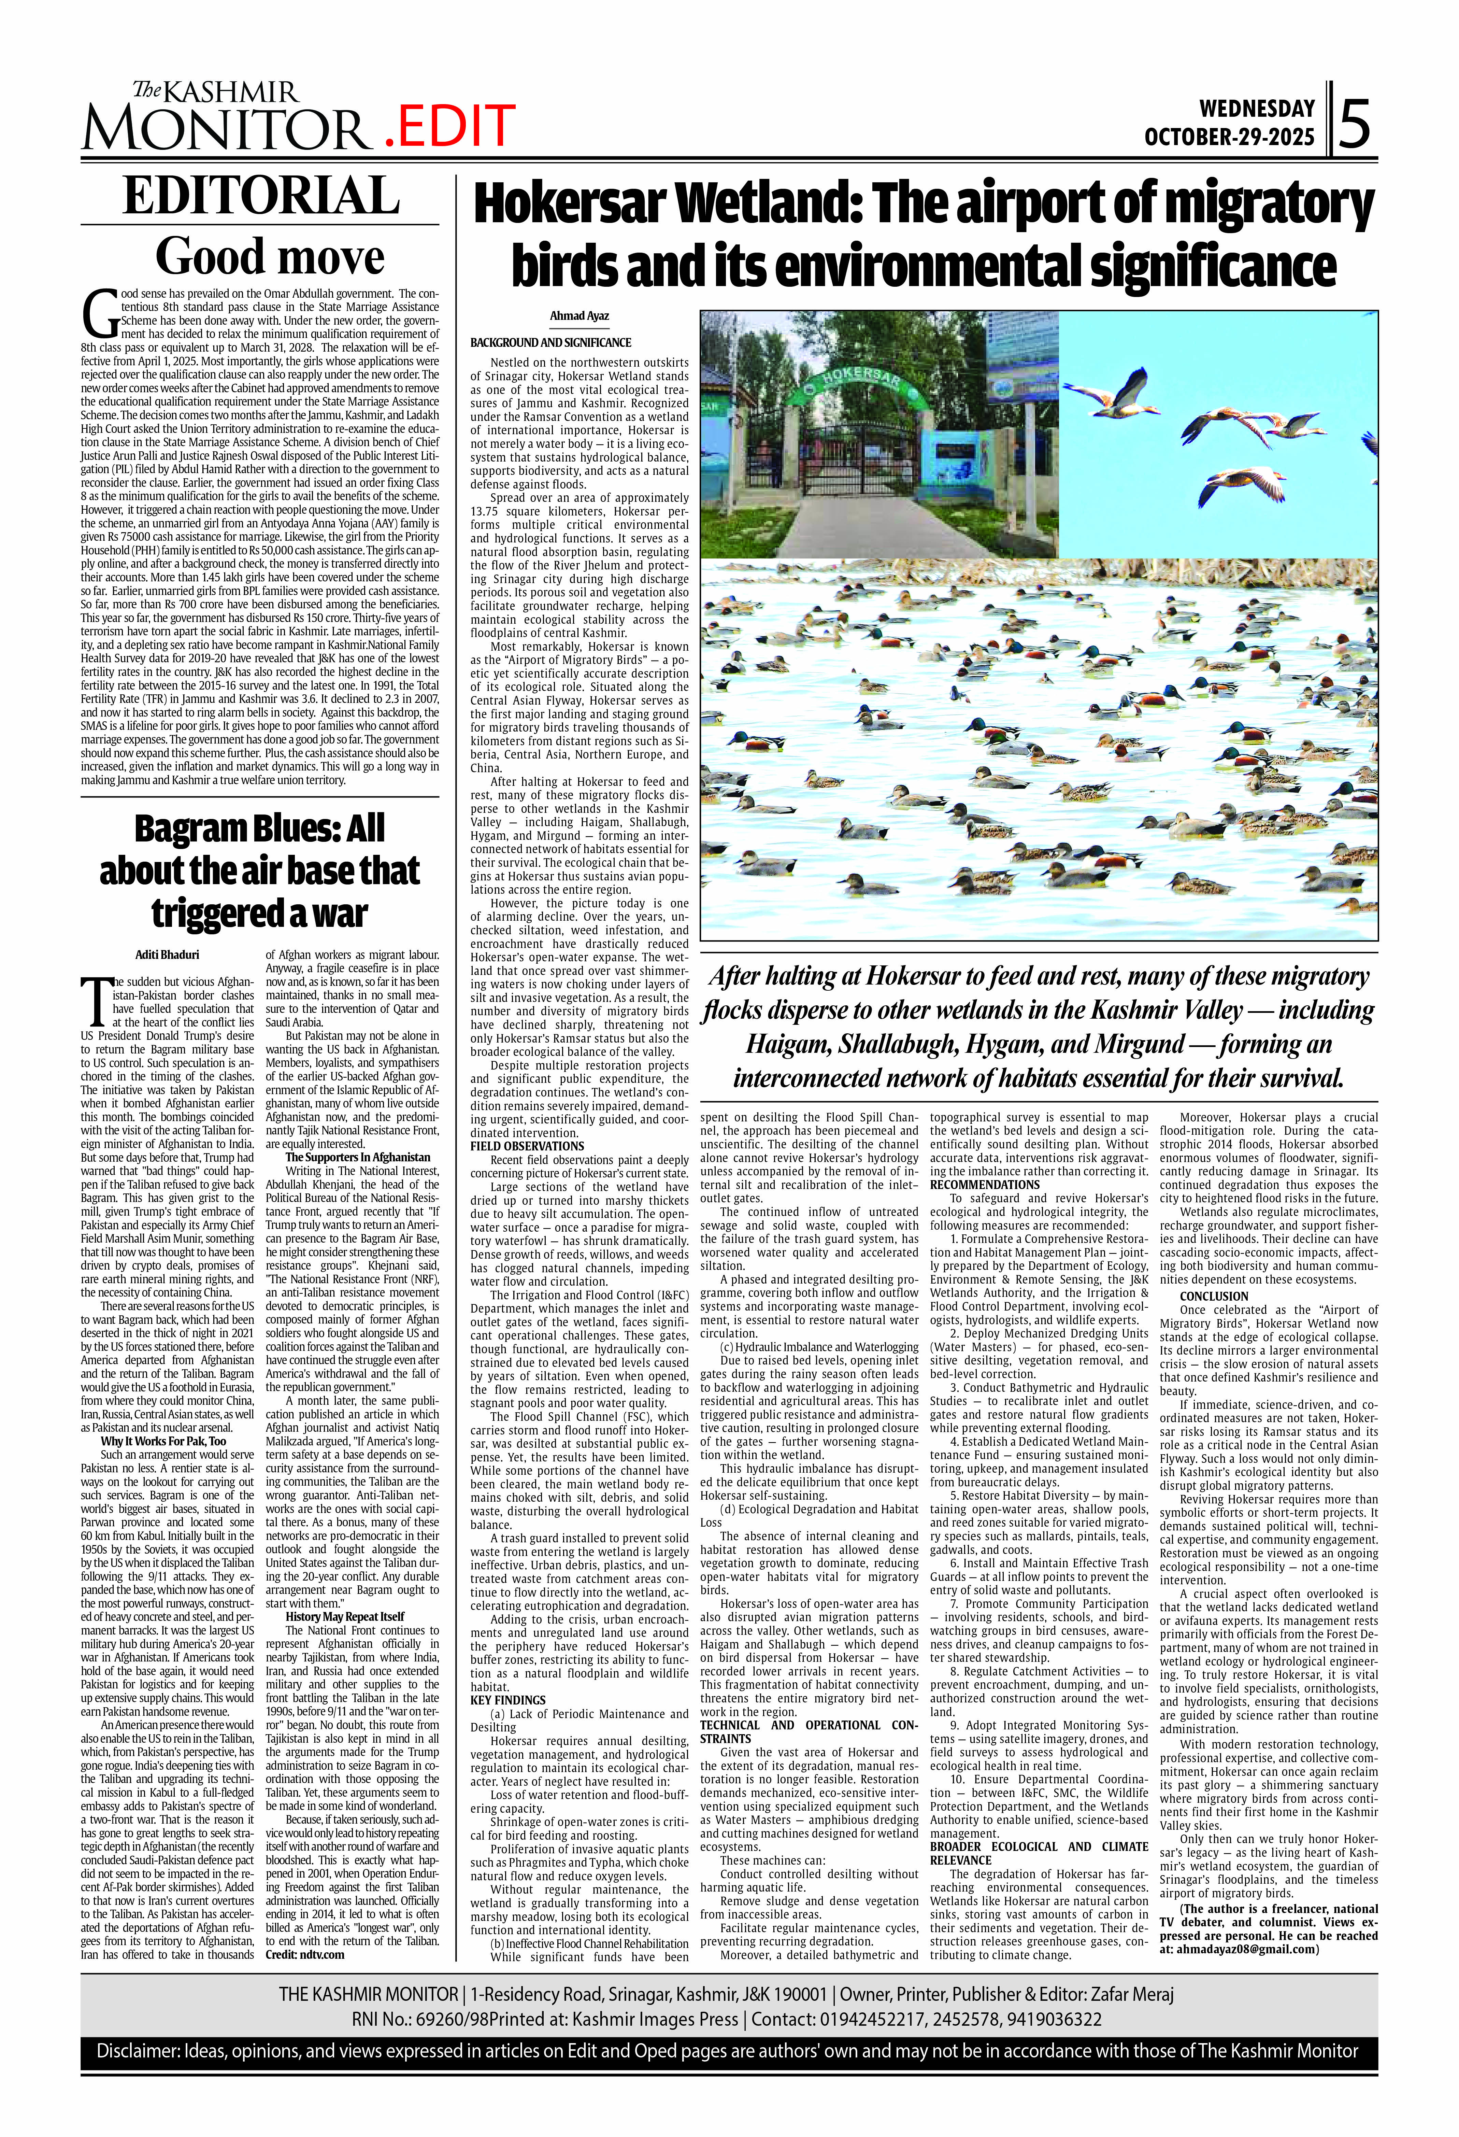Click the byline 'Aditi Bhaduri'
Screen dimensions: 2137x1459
coord(167,954)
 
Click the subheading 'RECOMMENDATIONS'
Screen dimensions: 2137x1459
coord(985,1185)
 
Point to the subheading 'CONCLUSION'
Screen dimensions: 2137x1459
coord(1214,1297)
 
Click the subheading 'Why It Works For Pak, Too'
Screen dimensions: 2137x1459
coord(163,1441)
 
